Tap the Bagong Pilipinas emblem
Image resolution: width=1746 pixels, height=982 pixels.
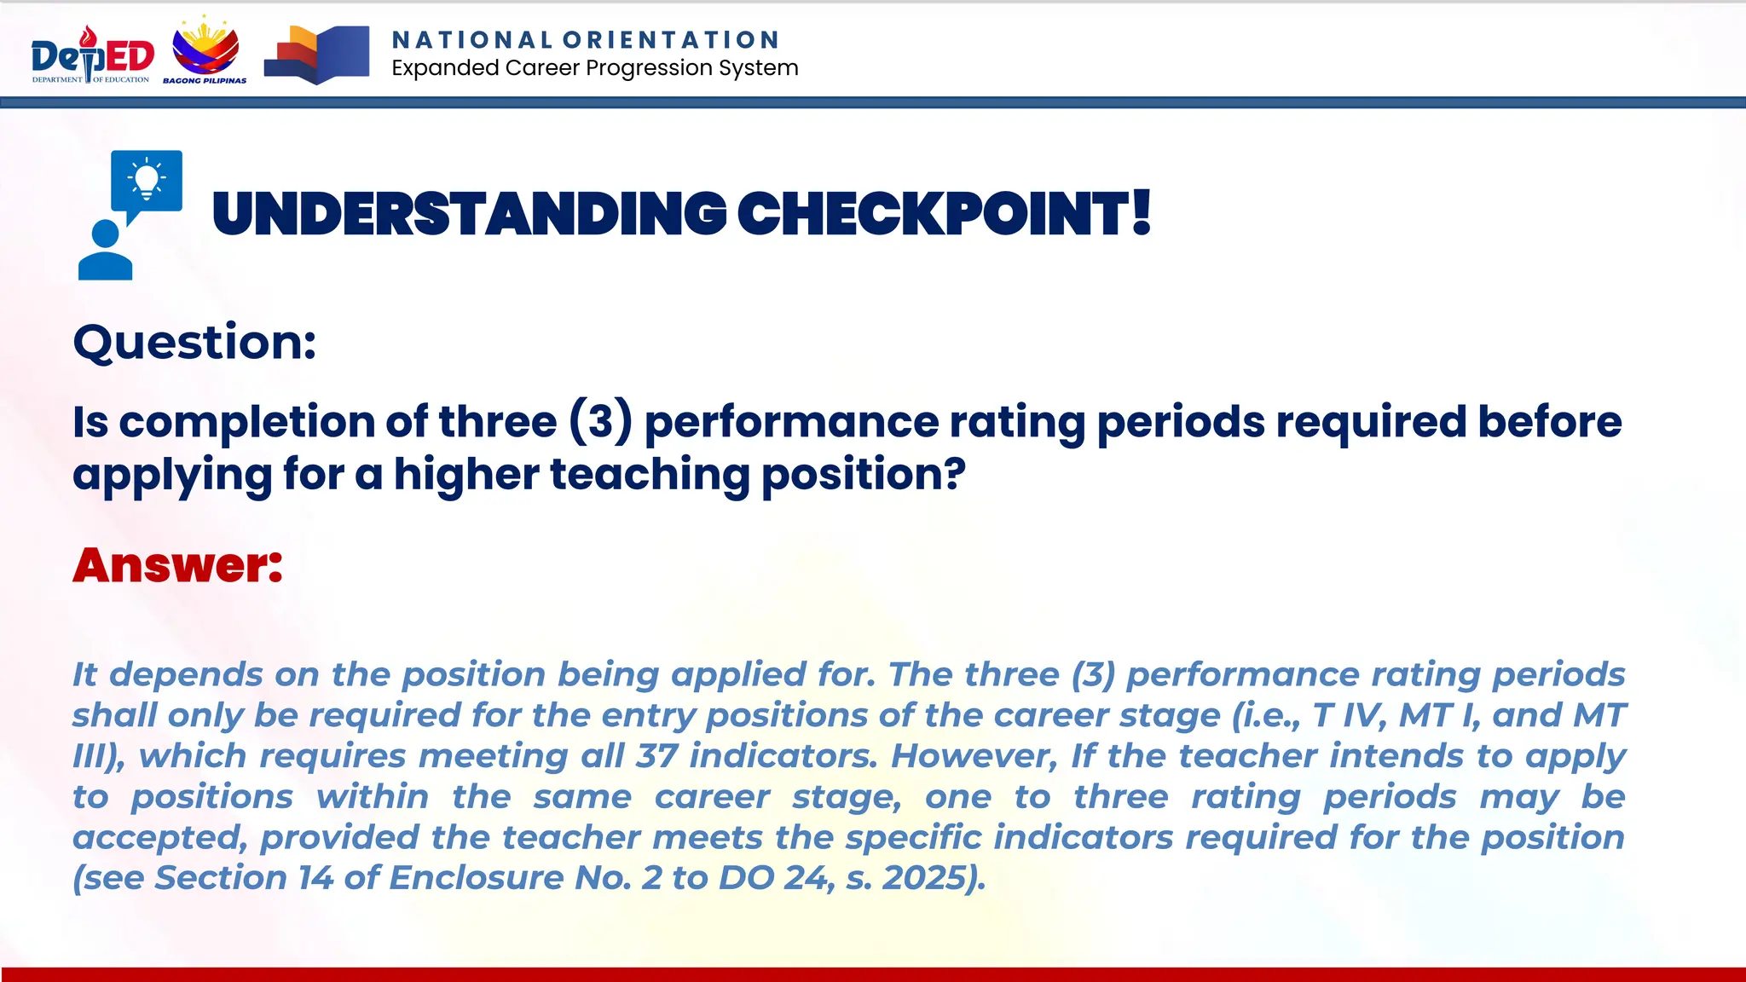pos(205,51)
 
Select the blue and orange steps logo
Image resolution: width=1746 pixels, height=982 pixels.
pos(316,55)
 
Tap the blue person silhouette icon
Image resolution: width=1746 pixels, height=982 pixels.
pos(105,251)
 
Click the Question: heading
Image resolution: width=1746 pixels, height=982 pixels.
pos(194,343)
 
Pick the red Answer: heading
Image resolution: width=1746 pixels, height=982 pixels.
pos(177,565)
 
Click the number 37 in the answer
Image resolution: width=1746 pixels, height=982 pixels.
pos(656,756)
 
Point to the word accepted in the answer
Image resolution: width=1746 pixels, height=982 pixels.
pos(159,838)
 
